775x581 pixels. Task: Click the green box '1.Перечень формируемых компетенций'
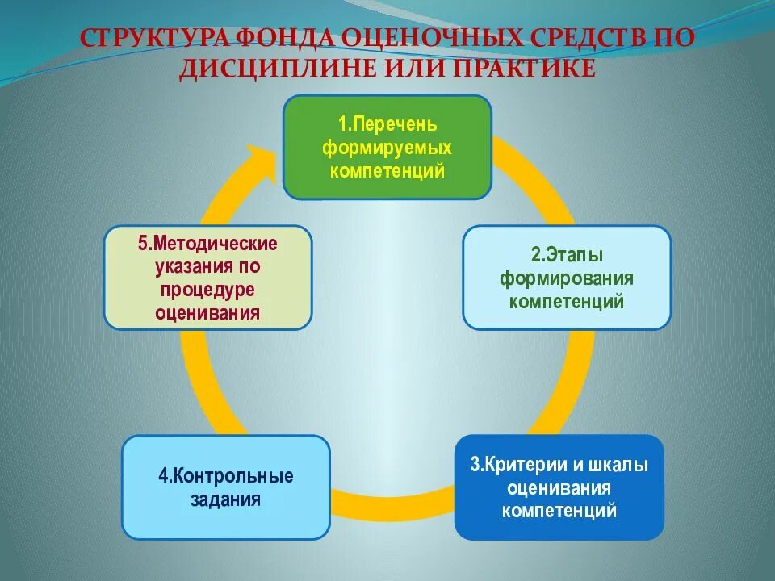(387, 147)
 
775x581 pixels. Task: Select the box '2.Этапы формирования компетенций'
(566, 278)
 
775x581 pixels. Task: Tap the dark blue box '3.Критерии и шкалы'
(559, 487)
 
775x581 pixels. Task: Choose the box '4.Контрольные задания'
(226, 487)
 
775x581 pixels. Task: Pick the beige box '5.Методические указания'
(208, 278)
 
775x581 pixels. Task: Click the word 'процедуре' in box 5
(208, 290)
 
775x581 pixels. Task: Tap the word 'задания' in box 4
(226, 499)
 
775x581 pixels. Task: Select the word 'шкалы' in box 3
(620, 466)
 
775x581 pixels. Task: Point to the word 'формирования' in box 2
(566, 279)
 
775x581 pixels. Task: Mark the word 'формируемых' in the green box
(387, 148)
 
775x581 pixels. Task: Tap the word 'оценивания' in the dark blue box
(559, 488)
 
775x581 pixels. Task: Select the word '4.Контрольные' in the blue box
(226, 476)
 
